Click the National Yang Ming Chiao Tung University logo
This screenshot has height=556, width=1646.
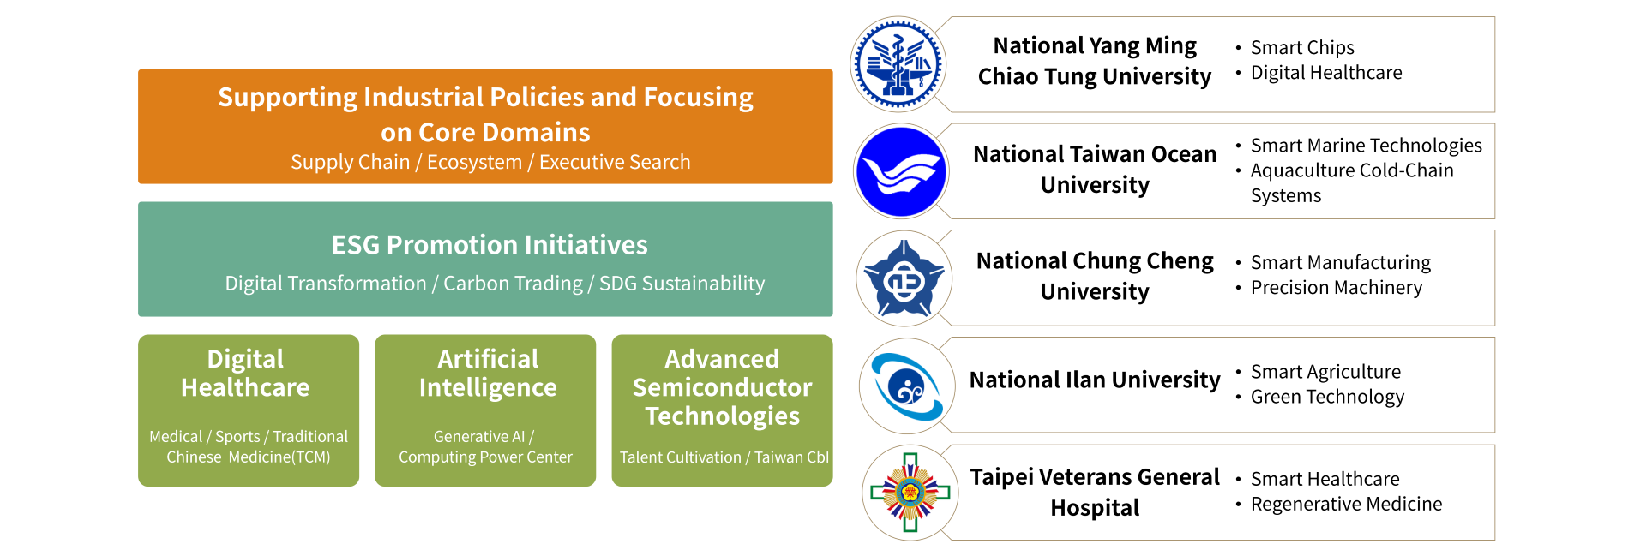point(898,64)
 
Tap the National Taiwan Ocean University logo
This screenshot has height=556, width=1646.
point(901,171)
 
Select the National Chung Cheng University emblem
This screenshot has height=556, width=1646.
point(904,278)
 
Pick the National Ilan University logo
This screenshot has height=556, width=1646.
point(907,386)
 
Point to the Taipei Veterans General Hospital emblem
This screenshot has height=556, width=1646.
point(910,493)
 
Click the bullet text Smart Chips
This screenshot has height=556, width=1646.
point(1302,48)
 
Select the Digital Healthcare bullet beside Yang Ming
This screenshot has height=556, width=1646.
point(1326,73)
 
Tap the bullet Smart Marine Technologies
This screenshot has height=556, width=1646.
point(1366,146)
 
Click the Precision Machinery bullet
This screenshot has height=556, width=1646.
point(1336,288)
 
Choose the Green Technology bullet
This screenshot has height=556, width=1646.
point(1327,397)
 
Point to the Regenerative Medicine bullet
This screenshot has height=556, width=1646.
point(1346,504)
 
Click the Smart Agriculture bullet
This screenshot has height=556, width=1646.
point(1325,372)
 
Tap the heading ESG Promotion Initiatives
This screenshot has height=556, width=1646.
point(490,245)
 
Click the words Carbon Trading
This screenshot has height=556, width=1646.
point(513,284)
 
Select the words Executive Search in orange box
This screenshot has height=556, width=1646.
point(615,162)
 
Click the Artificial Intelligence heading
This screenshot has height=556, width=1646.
point(488,373)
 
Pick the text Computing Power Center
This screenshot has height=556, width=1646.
point(485,457)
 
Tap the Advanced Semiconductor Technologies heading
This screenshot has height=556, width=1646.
point(722,387)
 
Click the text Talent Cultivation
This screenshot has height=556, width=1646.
point(680,457)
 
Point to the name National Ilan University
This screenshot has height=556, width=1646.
point(1095,380)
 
